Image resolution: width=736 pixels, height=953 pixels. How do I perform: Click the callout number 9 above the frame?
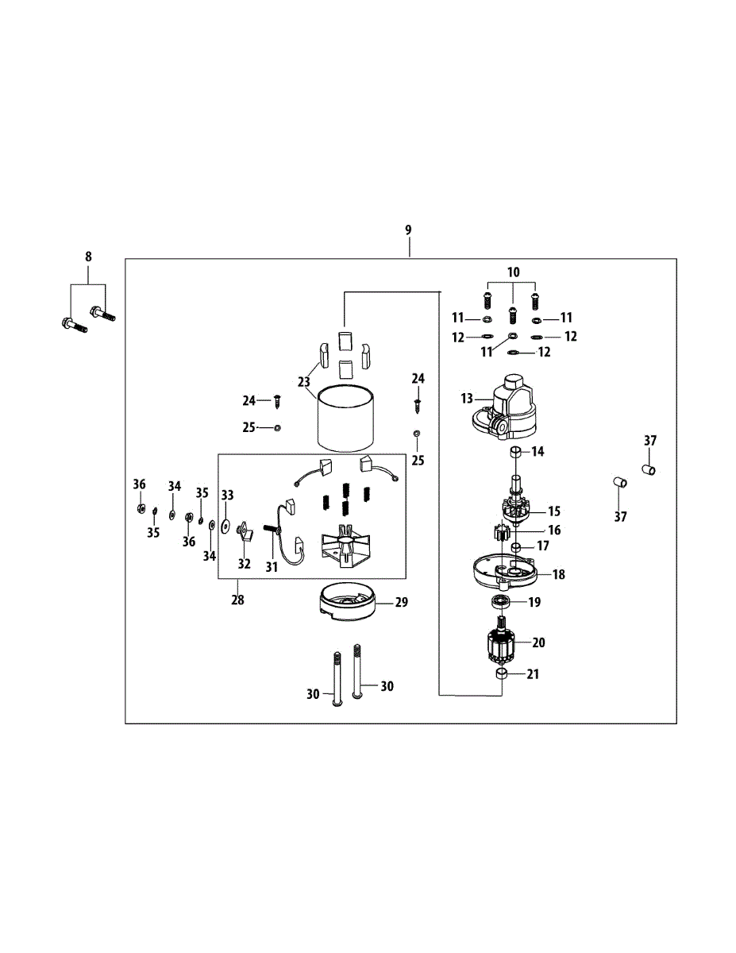pyautogui.click(x=408, y=230)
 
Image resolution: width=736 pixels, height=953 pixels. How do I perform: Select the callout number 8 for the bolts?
pyautogui.click(x=88, y=257)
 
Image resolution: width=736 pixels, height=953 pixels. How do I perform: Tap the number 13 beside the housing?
pyautogui.click(x=466, y=397)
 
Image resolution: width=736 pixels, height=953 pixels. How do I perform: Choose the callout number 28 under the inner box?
pyautogui.click(x=237, y=600)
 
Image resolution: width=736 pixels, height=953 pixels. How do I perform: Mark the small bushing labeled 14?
pyautogui.click(x=514, y=453)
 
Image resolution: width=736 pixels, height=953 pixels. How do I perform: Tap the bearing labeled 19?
pyautogui.click(x=503, y=601)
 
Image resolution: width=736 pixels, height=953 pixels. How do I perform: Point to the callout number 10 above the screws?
pyautogui.click(x=514, y=272)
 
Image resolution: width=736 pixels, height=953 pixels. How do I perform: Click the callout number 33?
pyautogui.click(x=228, y=495)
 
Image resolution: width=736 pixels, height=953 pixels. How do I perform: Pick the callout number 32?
pyautogui.click(x=244, y=564)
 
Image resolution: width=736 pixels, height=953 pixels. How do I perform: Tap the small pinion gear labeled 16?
pyautogui.click(x=501, y=533)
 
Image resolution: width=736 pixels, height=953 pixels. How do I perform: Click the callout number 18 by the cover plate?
pyautogui.click(x=559, y=574)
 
